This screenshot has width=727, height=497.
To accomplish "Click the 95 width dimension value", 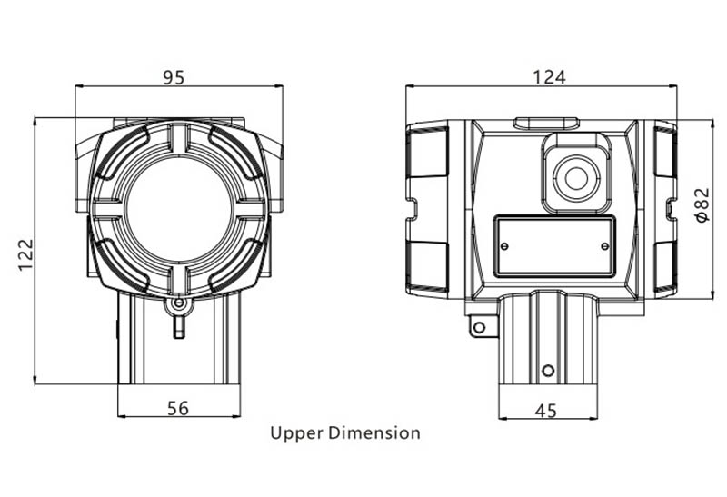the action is [174, 77].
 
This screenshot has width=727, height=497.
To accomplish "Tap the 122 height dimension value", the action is [26, 254].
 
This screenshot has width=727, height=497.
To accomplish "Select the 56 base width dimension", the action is [178, 408].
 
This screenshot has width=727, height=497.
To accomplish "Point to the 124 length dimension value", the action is [549, 77].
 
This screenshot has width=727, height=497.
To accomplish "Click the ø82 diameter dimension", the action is [702, 204].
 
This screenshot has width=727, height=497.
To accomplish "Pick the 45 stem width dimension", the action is [546, 411].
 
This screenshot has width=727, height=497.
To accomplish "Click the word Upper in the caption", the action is [297, 434].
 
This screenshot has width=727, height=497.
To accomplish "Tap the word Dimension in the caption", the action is [374, 433].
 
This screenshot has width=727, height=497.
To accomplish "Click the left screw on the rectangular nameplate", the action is [505, 245].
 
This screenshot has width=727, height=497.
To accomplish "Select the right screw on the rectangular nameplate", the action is [605, 245].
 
